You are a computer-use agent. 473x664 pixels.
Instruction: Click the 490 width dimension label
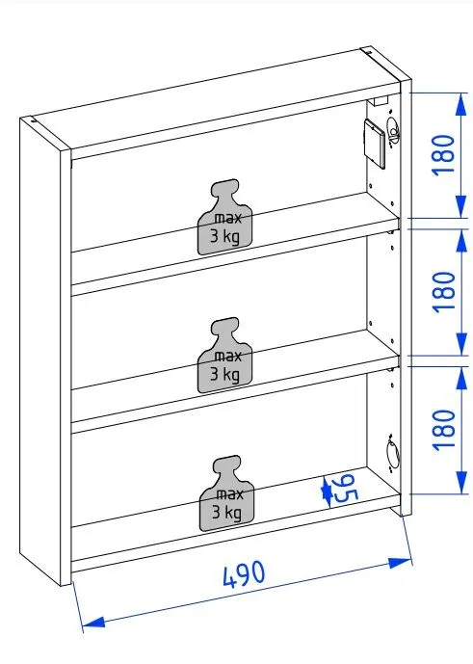(244, 574)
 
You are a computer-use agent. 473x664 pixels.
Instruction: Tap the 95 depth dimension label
(345, 489)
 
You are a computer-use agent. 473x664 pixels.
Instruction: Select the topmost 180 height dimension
(443, 154)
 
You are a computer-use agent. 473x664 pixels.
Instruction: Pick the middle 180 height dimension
(443, 292)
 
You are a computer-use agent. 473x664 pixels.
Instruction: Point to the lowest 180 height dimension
(443, 430)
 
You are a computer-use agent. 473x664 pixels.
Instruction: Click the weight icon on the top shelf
(225, 217)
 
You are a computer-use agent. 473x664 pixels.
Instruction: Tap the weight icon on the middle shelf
(225, 356)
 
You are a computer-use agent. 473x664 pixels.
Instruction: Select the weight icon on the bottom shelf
(226, 493)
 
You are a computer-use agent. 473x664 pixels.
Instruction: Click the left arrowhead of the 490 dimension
(93, 622)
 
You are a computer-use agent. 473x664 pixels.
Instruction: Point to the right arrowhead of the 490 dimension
(400, 563)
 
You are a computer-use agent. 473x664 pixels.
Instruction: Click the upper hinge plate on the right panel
(392, 131)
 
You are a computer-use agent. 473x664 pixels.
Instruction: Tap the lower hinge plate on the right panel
(392, 454)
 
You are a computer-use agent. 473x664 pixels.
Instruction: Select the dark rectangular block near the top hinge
(375, 144)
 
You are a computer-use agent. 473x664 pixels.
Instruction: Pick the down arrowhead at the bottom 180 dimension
(460, 482)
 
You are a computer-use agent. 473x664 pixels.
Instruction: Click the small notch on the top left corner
(34, 120)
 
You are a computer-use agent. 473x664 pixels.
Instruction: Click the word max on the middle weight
(227, 357)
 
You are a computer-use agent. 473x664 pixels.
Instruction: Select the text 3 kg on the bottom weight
(226, 513)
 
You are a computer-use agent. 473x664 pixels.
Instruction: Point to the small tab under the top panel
(379, 101)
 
